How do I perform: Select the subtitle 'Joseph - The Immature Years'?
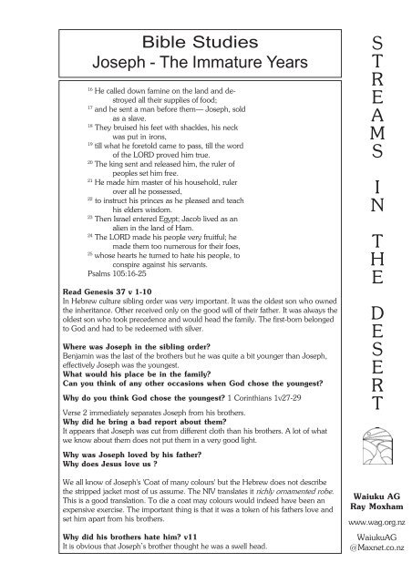[x=177, y=63]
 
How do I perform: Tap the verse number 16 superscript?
[x=88, y=93]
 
